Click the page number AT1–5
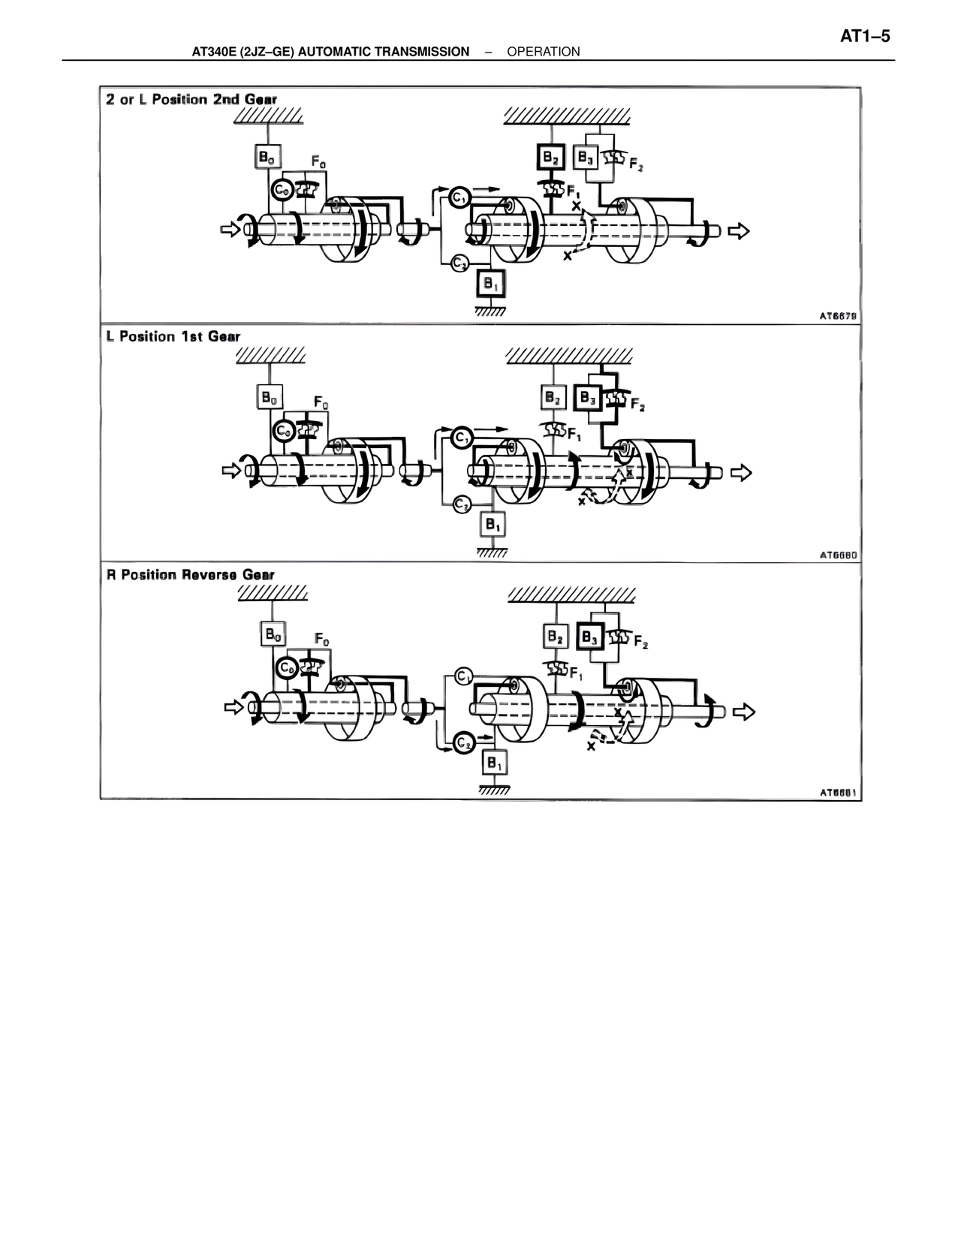pyautogui.click(x=864, y=36)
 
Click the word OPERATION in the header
pyautogui.click(x=543, y=52)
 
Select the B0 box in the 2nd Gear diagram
pyautogui.click(x=266, y=157)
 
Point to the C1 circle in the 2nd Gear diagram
pyautogui.click(x=459, y=197)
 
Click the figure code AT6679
pyautogui.click(x=838, y=316)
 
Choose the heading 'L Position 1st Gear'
pyautogui.click(x=173, y=336)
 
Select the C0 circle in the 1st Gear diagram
pyautogui.click(x=284, y=431)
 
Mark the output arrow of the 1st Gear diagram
pyautogui.click(x=740, y=472)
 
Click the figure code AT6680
pyautogui.click(x=838, y=555)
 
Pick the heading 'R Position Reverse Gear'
pyautogui.click(x=191, y=575)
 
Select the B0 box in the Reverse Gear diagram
pyautogui.click(x=272, y=634)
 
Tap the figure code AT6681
pyautogui.click(x=838, y=792)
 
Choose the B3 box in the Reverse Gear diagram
pyautogui.click(x=590, y=637)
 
